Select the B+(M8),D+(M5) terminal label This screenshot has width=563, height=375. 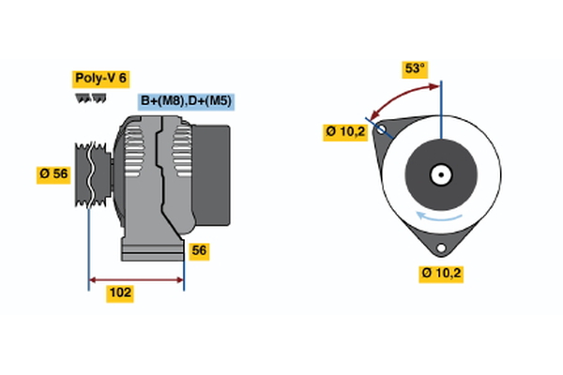click(184, 101)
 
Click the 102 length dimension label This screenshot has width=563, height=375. click(120, 293)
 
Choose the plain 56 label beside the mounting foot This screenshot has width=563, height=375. click(198, 250)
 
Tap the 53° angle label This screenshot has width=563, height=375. click(415, 68)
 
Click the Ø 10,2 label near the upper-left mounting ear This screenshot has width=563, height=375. click(345, 132)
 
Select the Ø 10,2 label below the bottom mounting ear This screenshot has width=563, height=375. click(441, 274)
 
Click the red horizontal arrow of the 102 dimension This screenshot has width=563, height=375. click(136, 279)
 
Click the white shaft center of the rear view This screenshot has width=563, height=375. click(440, 174)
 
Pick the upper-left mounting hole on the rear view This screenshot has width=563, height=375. click(381, 130)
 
